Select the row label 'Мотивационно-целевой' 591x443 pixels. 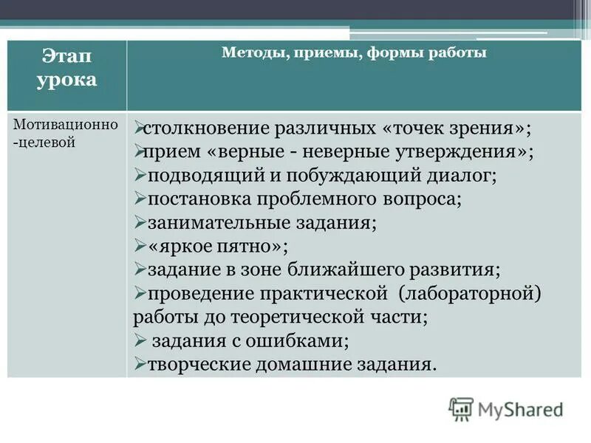click(66, 132)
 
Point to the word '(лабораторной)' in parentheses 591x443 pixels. click(470, 293)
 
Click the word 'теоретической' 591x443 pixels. click(293, 317)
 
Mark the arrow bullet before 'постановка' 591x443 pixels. click(140, 199)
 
